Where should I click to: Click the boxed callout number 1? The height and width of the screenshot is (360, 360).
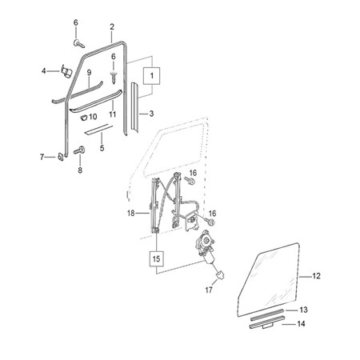152,76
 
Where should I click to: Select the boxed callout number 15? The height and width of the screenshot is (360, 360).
156,258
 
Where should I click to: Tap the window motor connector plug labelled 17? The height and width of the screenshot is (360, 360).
219,274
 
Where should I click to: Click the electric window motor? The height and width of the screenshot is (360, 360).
206,246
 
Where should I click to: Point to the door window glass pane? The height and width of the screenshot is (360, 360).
268,280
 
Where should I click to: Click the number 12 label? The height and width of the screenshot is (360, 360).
316,276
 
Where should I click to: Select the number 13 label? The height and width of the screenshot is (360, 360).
303,310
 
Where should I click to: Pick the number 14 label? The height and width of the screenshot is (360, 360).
301,324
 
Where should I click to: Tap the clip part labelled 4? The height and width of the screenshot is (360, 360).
66,71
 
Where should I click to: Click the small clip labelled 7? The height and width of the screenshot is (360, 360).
61,156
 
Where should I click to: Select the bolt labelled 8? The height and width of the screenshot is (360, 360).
79,150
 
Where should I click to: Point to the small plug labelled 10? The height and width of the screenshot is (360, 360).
84,118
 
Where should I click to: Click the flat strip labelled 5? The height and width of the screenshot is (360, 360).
98,129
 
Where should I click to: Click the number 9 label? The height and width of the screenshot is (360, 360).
89,73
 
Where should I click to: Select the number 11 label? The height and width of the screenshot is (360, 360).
113,114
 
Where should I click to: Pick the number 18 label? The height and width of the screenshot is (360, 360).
131,214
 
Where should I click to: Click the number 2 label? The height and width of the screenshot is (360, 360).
112,26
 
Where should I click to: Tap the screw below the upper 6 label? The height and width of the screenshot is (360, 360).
79,44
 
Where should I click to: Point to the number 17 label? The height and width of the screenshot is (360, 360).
209,290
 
